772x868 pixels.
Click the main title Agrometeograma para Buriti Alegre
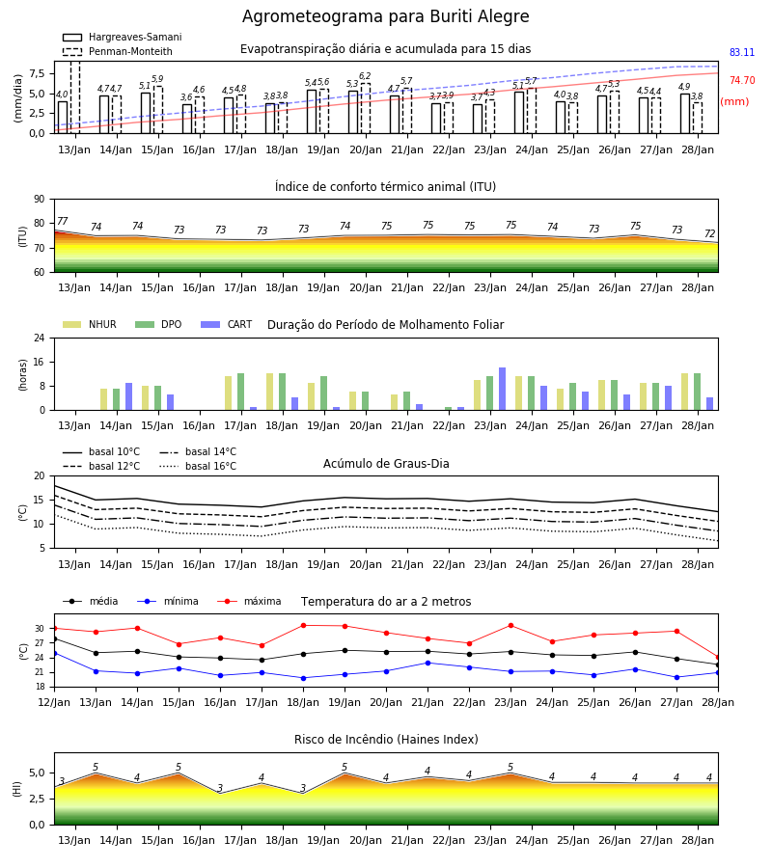[x=385, y=16]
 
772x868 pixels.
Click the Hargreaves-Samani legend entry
[x=122, y=37]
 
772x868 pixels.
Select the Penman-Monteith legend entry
[x=118, y=51]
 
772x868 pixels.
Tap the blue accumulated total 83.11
[x=742, y=53]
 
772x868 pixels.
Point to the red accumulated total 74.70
[x=742, y=80]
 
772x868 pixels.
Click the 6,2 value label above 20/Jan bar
[x=365, y=76]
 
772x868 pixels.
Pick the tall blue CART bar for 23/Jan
[x=503, y=389]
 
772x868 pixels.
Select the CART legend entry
[x=226, y=324]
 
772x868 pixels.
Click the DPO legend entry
[x=158, y=324]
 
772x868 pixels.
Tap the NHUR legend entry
[x=90, y=324]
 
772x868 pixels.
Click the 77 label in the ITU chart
[x=62, y=221]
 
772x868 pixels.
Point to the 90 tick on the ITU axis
[x=39, y=200]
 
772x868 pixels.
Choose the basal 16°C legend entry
[x=198, y=466]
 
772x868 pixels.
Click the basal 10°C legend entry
[x=101, y=451]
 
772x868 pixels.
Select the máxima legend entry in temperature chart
[x=249, y=601]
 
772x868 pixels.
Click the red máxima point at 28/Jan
[x=718, y=657]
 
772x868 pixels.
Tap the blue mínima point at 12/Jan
[x=54, y=653]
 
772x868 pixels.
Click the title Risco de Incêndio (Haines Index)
[x=386, y=740]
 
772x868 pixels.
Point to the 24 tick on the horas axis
[x=40, y=338]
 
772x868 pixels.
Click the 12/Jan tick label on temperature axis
[x=54, y=702]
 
